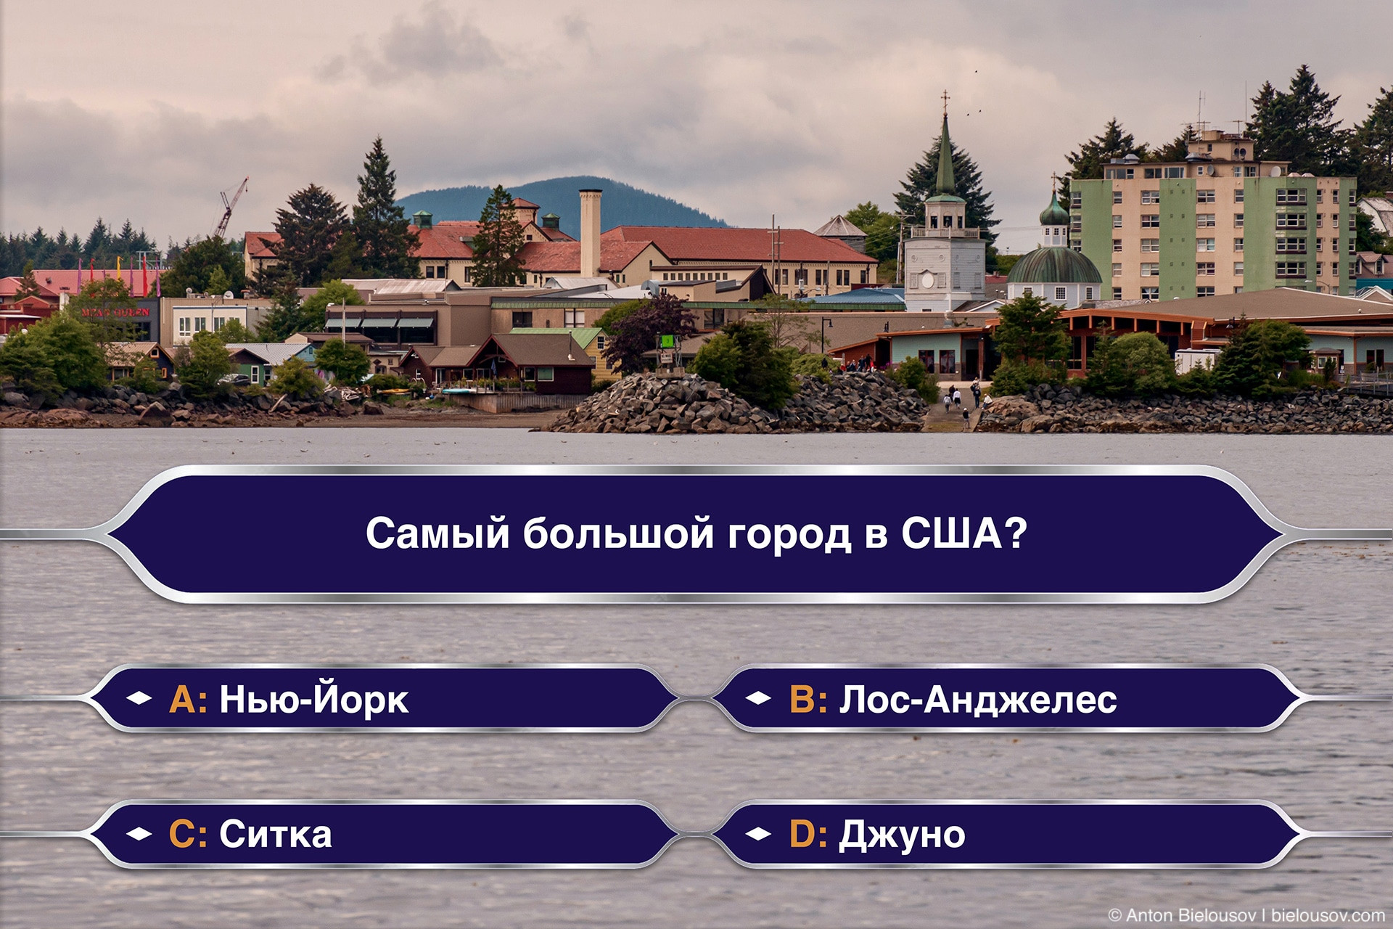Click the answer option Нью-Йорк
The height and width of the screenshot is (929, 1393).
point(313,699)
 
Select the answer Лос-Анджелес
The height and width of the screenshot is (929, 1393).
point(978,699)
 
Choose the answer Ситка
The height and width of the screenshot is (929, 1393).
point(276,834)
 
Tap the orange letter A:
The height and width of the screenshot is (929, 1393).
point(188,700)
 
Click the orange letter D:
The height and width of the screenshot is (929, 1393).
point(808,834)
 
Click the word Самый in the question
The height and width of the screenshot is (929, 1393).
point(438,533)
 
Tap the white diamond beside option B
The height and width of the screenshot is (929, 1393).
point(758,698)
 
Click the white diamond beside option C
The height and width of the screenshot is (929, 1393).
point(139,834)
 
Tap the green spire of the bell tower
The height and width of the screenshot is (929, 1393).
point(945,156)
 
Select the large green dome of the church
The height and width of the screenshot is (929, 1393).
point(1053,266)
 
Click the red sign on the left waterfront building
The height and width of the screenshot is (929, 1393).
point(116,312)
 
